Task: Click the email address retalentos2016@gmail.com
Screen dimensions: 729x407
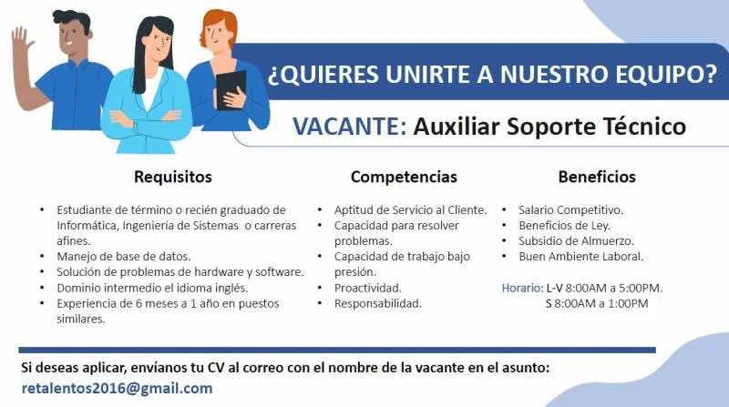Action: [x=117, y=389]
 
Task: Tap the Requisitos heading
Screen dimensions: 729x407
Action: [x=173, y=177]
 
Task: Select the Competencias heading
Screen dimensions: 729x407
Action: [x=404, y=177]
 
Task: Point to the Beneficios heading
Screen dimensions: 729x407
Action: [x=597, y=177]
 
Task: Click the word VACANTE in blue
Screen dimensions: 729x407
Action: [x=345, y=127]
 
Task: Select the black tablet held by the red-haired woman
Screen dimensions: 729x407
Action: [x=231, y=89]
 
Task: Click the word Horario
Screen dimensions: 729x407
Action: [x=522, y=288]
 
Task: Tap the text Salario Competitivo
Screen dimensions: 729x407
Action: [x=570, y=210]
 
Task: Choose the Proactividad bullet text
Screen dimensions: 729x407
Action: [x=367, y=288]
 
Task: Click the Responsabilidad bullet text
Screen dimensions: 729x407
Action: [x=377, y=304]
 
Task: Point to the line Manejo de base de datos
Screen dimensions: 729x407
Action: [x=124, y=257]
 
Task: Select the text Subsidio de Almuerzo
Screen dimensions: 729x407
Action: [x=576, y=241]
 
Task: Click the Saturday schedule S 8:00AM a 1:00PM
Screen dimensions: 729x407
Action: [x=597, y=304]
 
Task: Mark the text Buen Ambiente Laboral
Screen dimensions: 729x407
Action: [x=580, y=257]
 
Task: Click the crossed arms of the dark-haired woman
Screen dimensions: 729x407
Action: [x=146, y=119]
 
